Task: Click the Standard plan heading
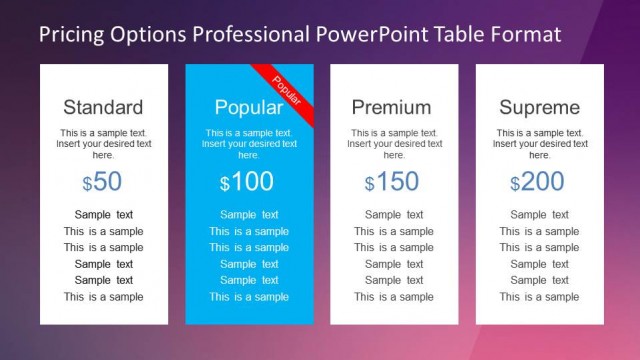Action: pos(103,107)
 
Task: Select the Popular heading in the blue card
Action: pos(248,107)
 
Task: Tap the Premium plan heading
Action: pos(393,107)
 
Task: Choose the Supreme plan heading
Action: pos(539,107)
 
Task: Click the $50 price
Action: pos(103,182)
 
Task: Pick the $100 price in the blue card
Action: pos(248,182)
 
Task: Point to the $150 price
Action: pos(393,182)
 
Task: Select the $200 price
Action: pos(539,182)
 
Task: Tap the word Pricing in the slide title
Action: pos(71,35)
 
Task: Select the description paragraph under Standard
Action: pos(104,144)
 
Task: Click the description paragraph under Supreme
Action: pos(539,144)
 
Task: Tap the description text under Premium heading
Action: pos(394,144)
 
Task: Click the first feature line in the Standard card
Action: pos(104,215)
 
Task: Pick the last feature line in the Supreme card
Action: pos(539,297)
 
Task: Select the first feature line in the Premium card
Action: pos(394,215)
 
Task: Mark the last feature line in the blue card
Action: pos(249,297)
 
